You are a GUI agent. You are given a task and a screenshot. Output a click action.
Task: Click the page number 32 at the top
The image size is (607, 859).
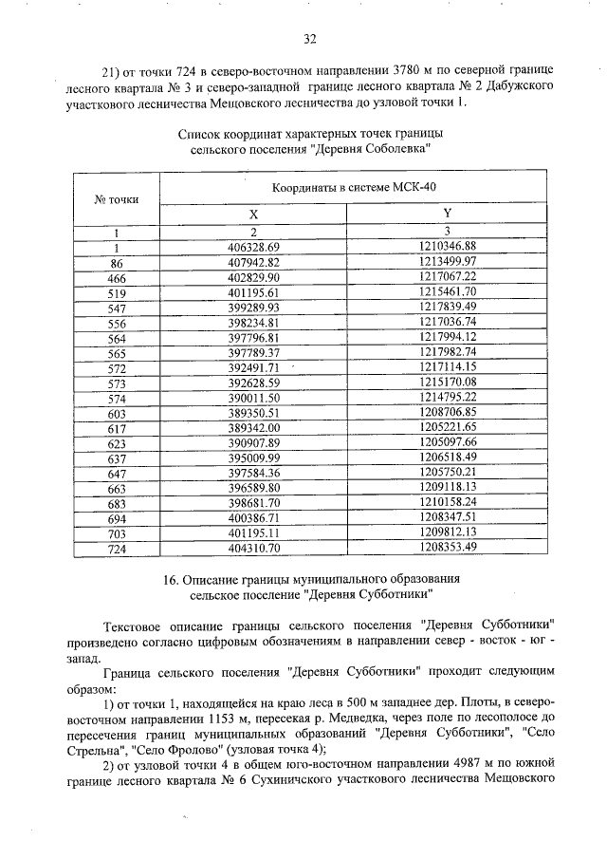point(309,39)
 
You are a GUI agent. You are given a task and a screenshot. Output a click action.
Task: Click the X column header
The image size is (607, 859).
point(253,215)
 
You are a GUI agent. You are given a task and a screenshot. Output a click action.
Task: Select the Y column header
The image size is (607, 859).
point(447,215)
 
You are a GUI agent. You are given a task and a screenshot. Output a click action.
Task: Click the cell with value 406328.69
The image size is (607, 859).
point(254,247)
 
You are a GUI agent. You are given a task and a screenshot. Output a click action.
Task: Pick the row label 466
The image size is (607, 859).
point(117,277)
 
